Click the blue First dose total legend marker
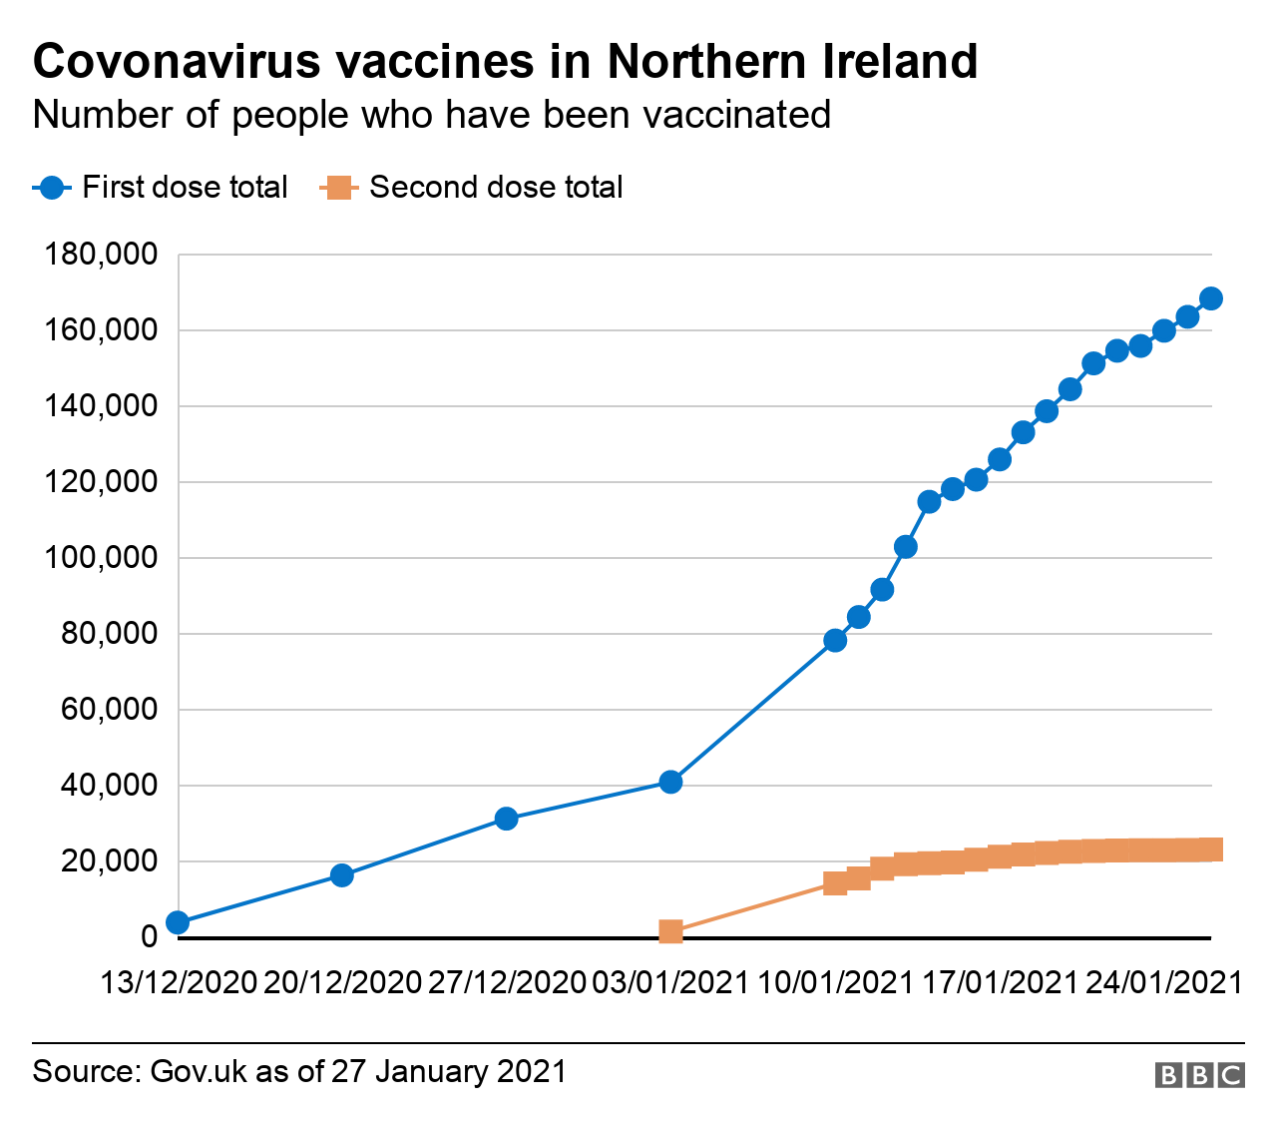52,188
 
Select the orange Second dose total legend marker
339,188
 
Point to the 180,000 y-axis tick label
102,255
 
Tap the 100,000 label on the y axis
102,558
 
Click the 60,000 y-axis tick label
110,710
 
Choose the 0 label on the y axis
150,937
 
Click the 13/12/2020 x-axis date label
179,983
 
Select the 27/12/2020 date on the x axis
507,983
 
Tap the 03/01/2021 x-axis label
670,983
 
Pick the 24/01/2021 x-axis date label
1163,983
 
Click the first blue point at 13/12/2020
178,922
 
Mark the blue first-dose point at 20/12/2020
341,875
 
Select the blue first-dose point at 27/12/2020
506,819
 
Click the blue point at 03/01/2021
670,782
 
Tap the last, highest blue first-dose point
1211,298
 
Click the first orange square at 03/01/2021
670,931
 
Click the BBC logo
1199,1075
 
